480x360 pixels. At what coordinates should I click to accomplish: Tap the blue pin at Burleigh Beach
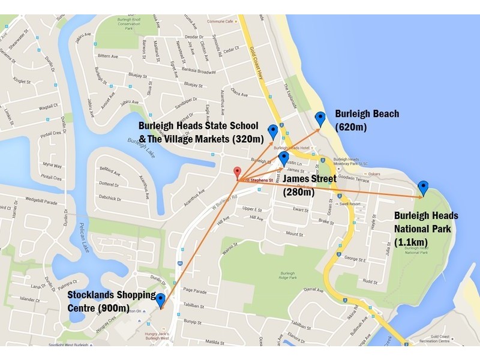point(320,119)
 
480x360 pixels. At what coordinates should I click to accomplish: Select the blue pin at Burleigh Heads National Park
point(424,188)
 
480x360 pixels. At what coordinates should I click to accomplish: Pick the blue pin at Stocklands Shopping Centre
point(161,300)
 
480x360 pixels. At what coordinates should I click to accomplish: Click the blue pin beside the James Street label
point(284,159)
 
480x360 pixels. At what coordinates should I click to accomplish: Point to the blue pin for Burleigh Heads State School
point(273,131)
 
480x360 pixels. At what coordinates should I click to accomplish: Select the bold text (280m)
point(298,193)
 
